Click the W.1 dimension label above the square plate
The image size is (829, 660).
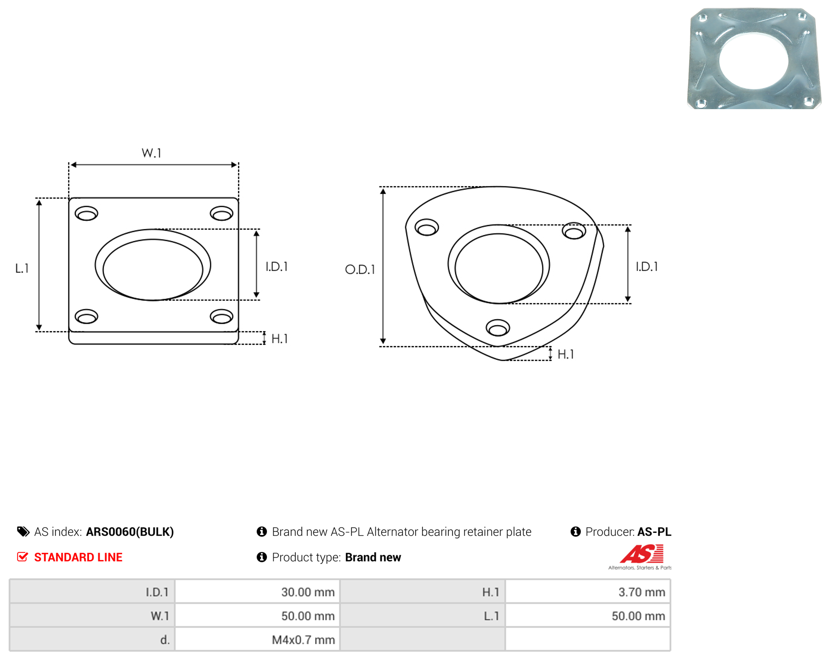coord(151,153)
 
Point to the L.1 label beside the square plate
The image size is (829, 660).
coord(22,268)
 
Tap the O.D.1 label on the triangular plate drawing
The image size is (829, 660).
coord(360,269)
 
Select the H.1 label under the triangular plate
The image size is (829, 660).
coord(566,354)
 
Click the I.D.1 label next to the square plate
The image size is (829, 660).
coord(277,266)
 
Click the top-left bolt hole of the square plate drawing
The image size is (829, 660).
coord(86,213)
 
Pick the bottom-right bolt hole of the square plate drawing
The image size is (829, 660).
coord(222,316)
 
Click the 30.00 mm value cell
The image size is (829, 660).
coord(257,592)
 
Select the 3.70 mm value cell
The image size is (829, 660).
coord(588,592)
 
